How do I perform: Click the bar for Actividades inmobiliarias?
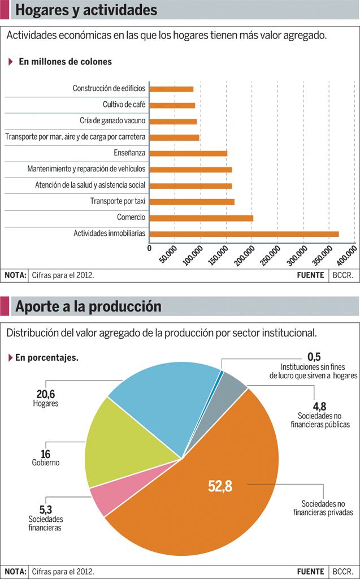click(244, 234)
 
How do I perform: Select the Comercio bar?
click(201, 218)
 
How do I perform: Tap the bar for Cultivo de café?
click(172, 105)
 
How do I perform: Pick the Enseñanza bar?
click(188, 153)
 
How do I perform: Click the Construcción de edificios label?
click(109, 89)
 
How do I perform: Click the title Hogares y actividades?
click(86, 10)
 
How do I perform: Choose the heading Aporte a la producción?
click(88, 306)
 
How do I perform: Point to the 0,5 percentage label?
click(314, 356)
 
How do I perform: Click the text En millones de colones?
click(65, 62)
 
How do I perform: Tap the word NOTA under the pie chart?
click(15, 572)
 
